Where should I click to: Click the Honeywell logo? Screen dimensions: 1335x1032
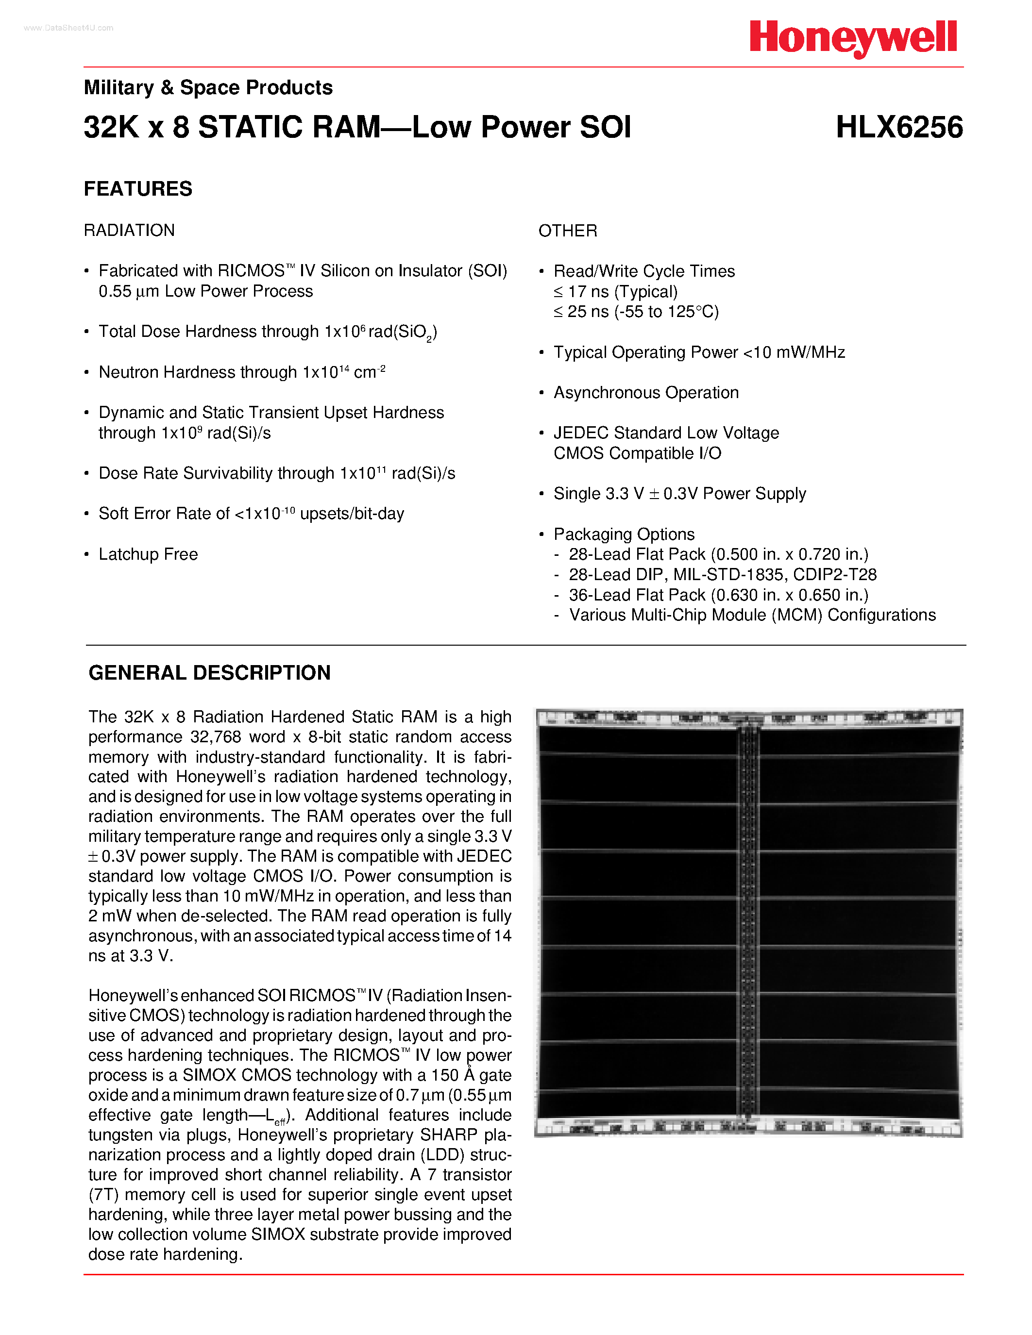click(x=853, y=38)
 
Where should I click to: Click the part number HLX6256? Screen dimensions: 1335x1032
click(x=899, y=128)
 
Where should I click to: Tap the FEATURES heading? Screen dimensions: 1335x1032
click(x=138, y=189)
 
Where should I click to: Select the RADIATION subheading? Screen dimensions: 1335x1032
click(x=129, y=231)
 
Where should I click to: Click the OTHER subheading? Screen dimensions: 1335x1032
click(x=567, y=231)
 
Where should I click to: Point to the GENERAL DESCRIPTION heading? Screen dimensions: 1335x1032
click(x=210, y=673)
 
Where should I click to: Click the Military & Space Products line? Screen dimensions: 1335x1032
click(x=208, y=88)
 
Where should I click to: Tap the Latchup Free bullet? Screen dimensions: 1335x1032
click(x=148, y=554)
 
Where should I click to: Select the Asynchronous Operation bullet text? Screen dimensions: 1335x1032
click(x=645, y=393)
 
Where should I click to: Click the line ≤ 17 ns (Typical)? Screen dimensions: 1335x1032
click(x=616, y=292)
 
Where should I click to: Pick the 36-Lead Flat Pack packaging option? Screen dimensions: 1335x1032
click(x=718, y=595)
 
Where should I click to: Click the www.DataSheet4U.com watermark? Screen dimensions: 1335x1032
click(x=68, y=28)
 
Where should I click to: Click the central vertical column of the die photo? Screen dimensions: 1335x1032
click(x=748, y=917)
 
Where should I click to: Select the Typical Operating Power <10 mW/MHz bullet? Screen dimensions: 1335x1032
click(x=699, y=353)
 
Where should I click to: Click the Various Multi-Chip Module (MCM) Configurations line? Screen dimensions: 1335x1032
click(x=752, y=616)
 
